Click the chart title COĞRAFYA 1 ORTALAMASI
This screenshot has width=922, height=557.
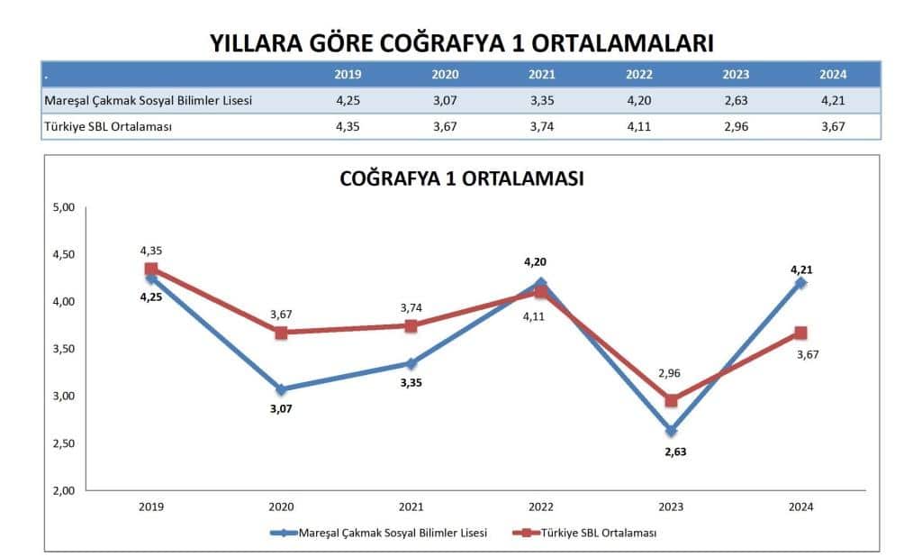pyautogui.click(x=461, y=178)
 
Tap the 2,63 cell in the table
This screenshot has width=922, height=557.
pyautogui.click(x=736, y=100)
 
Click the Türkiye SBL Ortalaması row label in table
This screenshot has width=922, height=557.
pyautogui.click(x=108, y=126)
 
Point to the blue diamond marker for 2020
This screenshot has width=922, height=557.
pyautogui.click(x=281, y=389)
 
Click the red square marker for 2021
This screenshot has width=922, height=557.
pyautogui.click(x=411, y=325)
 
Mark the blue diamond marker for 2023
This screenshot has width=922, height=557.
pyautogui.click(x=671, y=431)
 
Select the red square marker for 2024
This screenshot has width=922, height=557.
pyautogui.click(x=800, y=333)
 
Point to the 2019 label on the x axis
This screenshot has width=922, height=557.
pyautogui.click(x=151, y=507)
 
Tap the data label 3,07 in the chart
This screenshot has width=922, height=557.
pyautogui.click(x=281, y=408)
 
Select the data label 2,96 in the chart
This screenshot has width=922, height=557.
pyautogui.click(x=668, y=372)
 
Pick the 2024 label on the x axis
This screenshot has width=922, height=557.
pyautogui.click(x=800, y=507)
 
